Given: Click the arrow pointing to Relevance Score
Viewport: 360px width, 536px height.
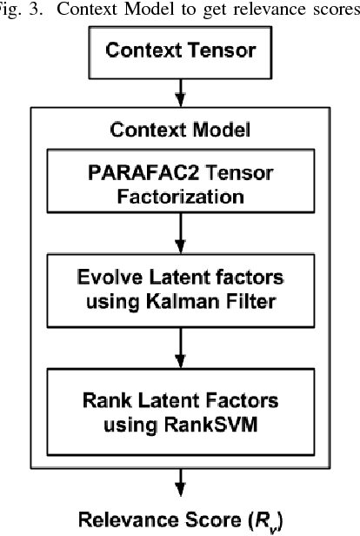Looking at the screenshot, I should pos(179,475).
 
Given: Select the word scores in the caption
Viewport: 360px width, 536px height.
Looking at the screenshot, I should pos(335,8).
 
